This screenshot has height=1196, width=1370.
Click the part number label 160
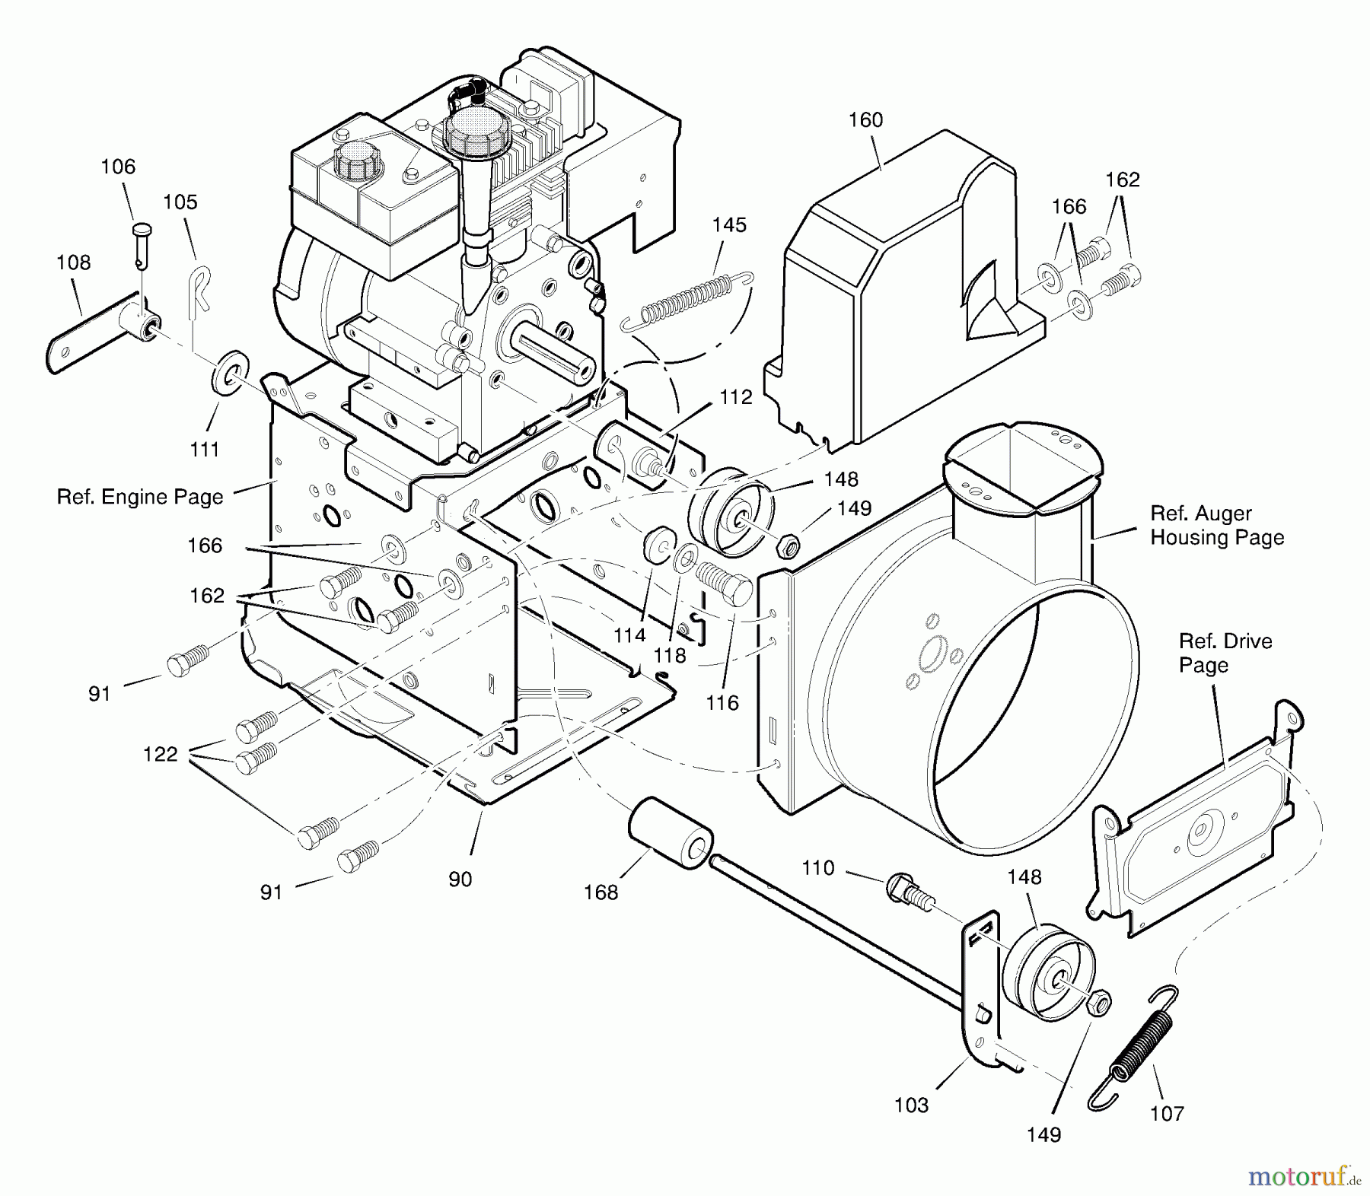865,120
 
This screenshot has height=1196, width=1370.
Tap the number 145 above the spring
729,225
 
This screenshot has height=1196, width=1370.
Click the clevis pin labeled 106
142,242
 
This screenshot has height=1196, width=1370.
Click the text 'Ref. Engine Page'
140,497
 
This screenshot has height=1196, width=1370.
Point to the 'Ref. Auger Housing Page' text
1216,525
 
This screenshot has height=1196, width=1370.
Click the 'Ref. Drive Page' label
1225,653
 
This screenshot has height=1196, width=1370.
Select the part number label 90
460,879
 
